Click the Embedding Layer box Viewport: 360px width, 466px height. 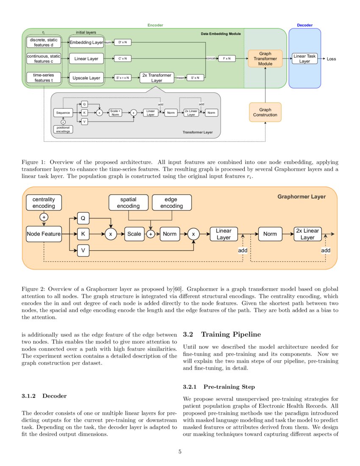(86, 42)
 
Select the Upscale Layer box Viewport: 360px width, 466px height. (86, 78)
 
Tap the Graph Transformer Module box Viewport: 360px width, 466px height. (265, 58)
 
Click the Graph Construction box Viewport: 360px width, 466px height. (265, 112)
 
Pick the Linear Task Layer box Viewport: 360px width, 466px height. (305, 58)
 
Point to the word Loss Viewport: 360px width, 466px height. (331, 59)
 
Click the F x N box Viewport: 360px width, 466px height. (227, 58)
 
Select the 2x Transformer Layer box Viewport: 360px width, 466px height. (157, 78)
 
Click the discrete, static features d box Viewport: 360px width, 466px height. (44, 42)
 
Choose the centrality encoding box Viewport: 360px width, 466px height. (44, 202)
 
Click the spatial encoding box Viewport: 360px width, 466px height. (128, 202)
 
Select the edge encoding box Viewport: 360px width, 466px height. (172, 202)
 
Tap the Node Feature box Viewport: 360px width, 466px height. (44, 234)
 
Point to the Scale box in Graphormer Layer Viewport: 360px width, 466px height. (134, 234)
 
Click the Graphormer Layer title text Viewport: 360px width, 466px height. (302, 197)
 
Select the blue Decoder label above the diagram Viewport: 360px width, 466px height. (305, 25)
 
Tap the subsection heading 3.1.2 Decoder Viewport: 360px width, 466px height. (44, 396)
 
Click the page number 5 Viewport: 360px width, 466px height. (180, 452)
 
